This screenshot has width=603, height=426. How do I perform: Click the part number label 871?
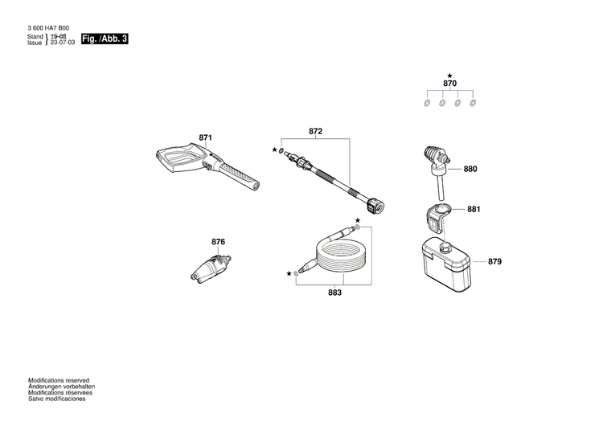[205, 138]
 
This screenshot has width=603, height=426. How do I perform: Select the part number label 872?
[315, 131]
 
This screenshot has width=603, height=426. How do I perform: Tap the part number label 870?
[449, 84]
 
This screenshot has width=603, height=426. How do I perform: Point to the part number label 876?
[218, 242]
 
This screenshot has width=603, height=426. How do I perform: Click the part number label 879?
[494, 262]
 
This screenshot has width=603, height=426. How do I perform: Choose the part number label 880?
[470, 170]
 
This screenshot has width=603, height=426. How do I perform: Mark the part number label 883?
[334, 293]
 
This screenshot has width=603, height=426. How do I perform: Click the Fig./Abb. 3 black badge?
[105, 39]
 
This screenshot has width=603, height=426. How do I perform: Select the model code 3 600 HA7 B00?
[54, 28]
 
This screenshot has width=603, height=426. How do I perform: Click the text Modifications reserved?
[59, 380]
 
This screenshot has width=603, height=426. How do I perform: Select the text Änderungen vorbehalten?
[62, 387]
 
